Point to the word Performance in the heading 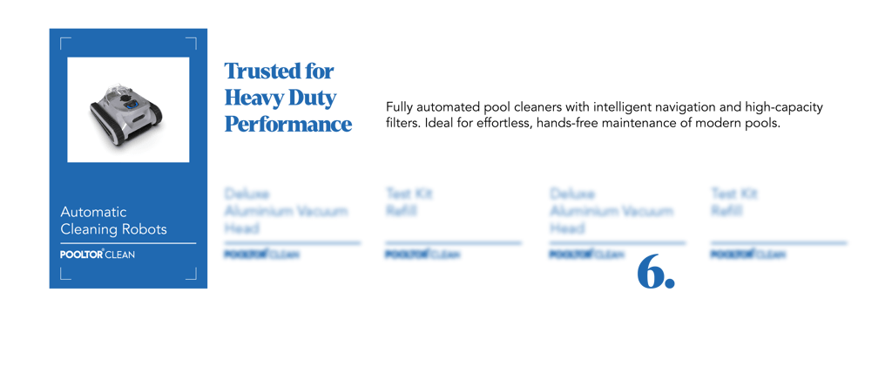click(x=288, y=124)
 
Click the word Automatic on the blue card click(x=93, y=212)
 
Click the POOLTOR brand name click(x=82, y=255)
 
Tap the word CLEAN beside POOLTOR click(x=121, y=255)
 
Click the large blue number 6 click(x=654, y=272)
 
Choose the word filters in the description click(x=399, y=124)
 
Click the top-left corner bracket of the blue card click(x=64, y=42)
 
